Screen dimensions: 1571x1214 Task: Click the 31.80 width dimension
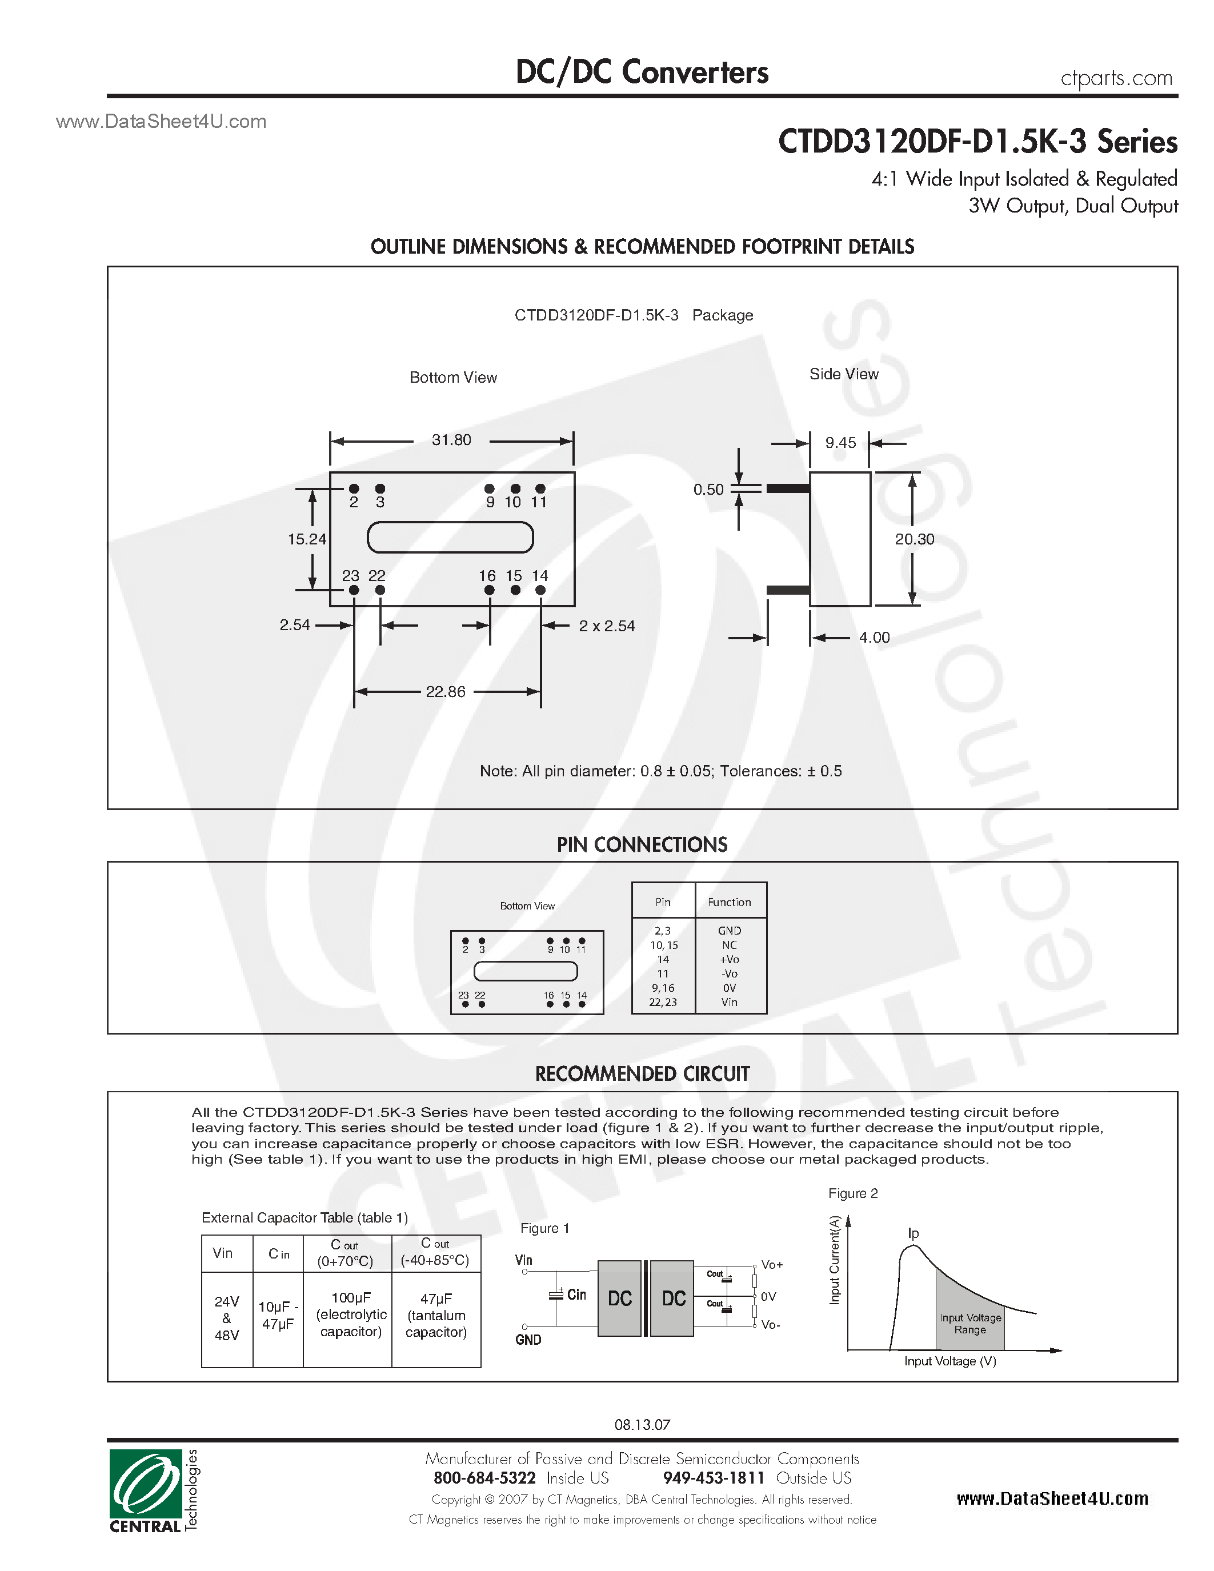pyautogui.click(x=451, y=440)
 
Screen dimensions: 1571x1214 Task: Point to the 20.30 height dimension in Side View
pyautogui.click(x=914, y=539)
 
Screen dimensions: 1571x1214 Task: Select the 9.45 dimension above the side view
pyautogui.click(x=840, y=443)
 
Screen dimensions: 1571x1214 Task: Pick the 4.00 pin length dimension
pyautogui.click(x=874, y=638)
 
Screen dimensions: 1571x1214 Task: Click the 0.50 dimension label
pyautogui.click(x=708, y=490)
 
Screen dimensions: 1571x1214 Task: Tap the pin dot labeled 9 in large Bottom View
pyautogui.click(x=489, y=489)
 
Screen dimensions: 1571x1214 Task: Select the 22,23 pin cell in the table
pyautogui.click(x=662, y=1002)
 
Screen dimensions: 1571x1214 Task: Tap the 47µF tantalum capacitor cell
pyautogui.click(x=436, y=1315)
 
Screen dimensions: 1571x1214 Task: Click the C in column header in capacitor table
pyautogui.click(x=278, y=1254)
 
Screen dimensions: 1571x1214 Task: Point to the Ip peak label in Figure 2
pyautogui.click(x=913, y=1233)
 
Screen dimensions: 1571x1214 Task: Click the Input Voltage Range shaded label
pyautogui.click(x=969, y=1324)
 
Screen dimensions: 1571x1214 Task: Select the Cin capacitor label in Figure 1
pyautogui.click(x=576, y=1295)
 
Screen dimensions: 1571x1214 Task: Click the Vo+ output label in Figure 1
pyautogui.click(x=772, y=1265)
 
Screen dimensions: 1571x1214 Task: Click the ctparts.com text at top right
pyautogui.click(x=1116, y=78)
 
